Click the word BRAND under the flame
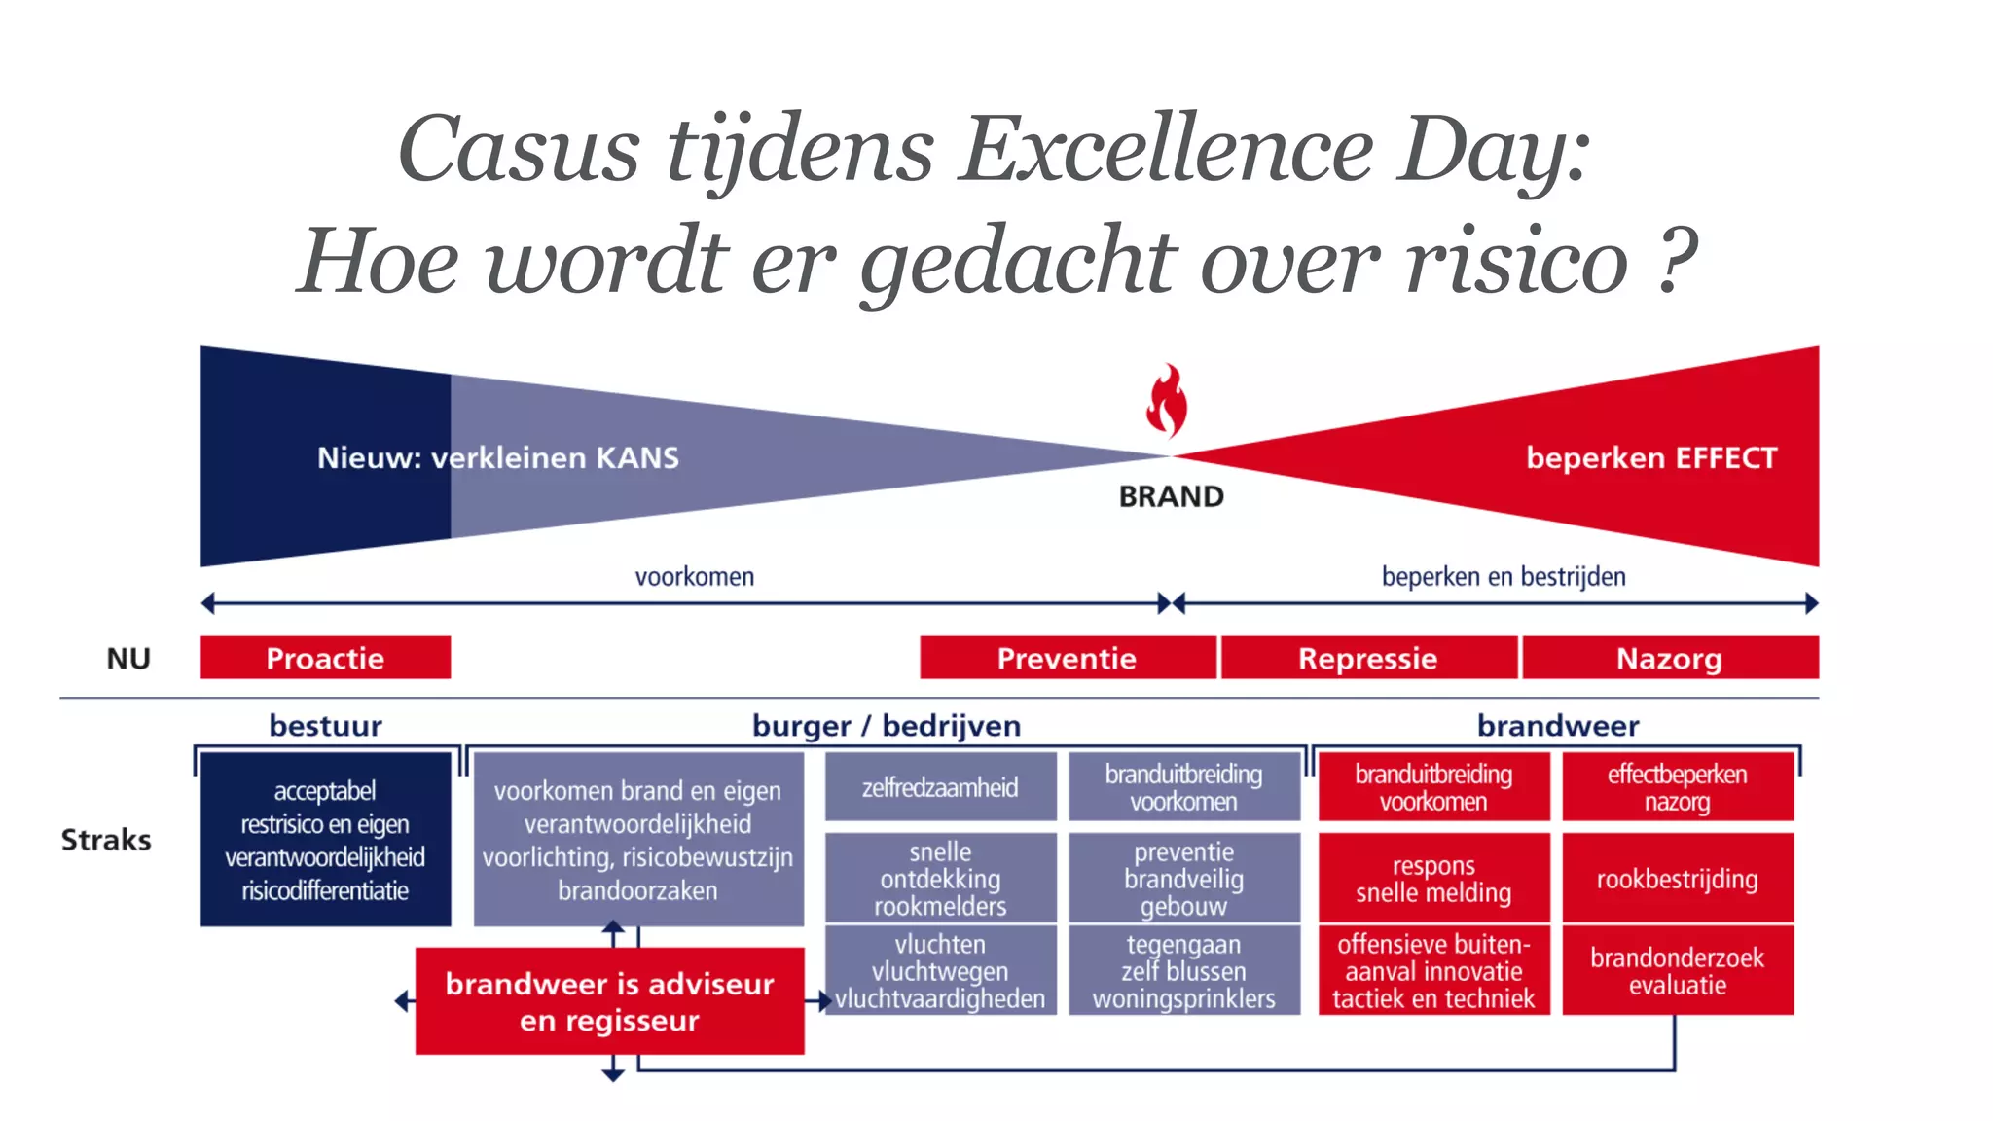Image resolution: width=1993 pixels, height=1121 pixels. [x=1171, y=496]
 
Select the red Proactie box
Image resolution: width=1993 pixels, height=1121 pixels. [x=325, y=658]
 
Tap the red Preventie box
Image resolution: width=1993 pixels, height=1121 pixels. [x=1067, y=658]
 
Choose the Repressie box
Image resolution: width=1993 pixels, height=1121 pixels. [x=1367, y=658]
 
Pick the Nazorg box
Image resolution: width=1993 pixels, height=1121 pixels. [x=1669, y=658]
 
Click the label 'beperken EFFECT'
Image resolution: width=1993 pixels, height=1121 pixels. [x=1650, y=457]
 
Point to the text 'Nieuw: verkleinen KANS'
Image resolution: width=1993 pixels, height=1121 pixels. [x=497, y=457]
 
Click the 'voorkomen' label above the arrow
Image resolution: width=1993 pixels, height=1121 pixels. [x=694, y=577]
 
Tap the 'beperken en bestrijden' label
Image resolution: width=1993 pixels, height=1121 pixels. [x=1503, y=577]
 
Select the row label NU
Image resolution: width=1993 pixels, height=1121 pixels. [x=128, y=659]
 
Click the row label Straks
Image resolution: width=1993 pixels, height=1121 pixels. [x=106, y=840]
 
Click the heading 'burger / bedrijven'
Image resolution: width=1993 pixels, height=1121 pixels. [x=886, y=726]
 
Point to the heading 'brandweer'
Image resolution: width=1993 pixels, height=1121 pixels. [x=1557, y=726]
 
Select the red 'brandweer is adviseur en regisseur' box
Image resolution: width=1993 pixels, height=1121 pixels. [x=609, y=1001]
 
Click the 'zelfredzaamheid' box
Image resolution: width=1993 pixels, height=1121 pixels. [x=940, y=787]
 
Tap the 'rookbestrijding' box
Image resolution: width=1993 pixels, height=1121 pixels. [x=1677, y=879]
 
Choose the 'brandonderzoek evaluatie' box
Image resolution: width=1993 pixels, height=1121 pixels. [x=1677, y=971]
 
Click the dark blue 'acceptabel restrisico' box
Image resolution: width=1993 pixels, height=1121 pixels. [x=325, y=840]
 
